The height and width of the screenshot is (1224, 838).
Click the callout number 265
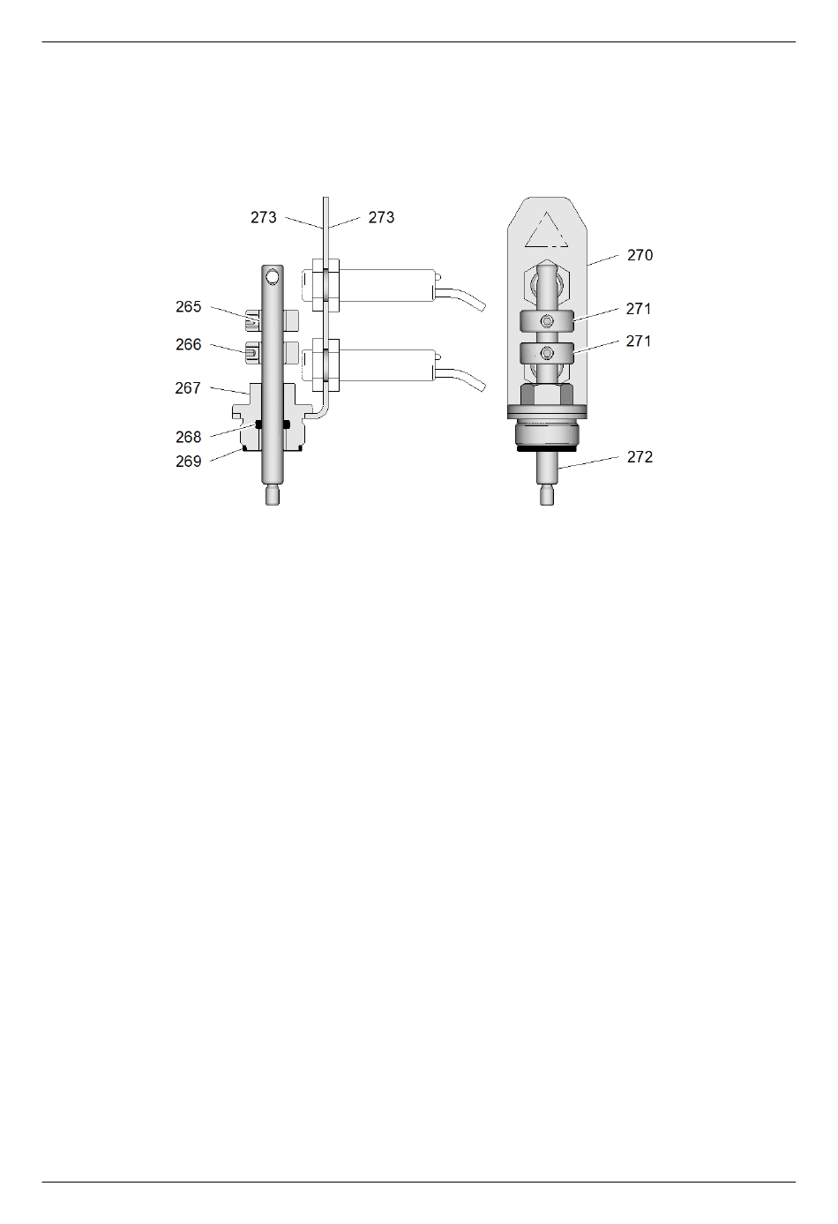[x=189, y=307]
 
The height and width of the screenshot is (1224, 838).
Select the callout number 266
[x=189, y=345]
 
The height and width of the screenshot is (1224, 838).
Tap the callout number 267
[x=188, y=388]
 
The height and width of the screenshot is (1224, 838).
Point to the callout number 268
[x=189, y=437]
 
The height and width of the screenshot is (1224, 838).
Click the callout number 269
[x=189, y=462]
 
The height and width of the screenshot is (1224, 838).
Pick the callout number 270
[x=640, y=256]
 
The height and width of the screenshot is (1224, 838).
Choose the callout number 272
[x=640, y=457]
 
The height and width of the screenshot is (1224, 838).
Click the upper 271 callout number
[x=639, y=309]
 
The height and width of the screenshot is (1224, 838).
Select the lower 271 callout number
[x=639, y=342]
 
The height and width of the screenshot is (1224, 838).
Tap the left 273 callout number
[x=264, y=218]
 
